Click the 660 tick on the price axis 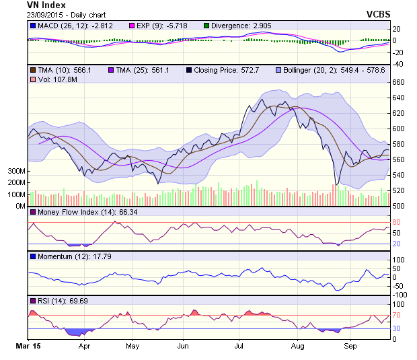[398, 82]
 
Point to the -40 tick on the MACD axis [397, 64]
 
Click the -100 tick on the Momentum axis [400, 295]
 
